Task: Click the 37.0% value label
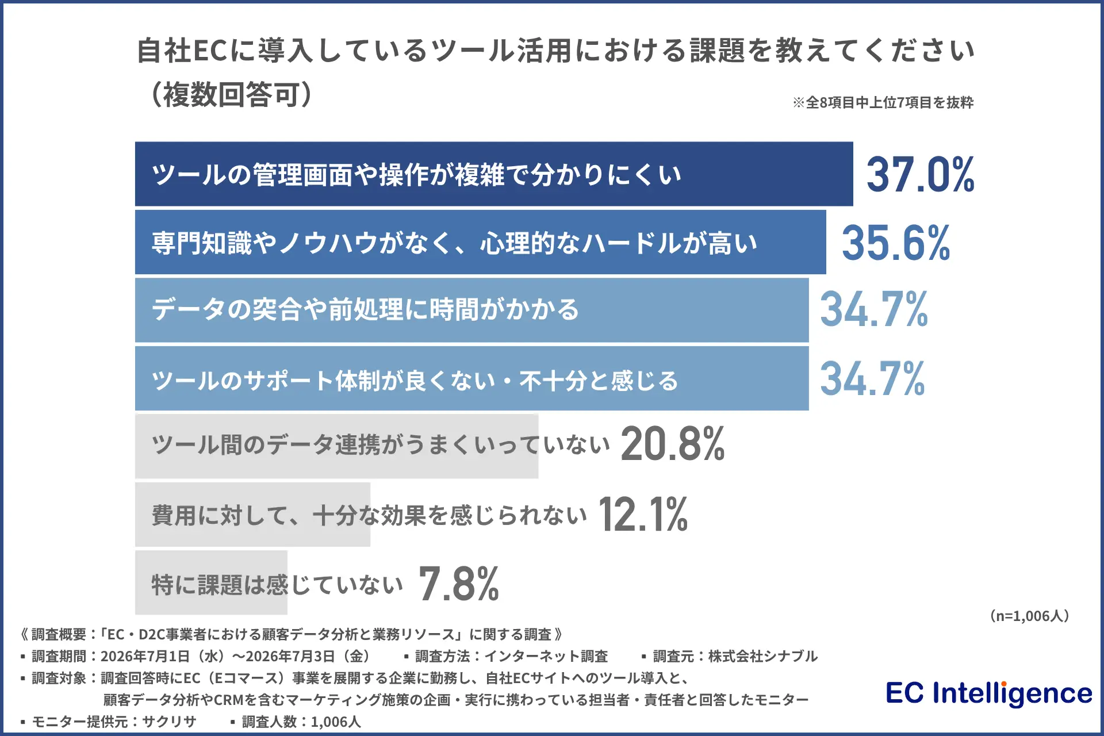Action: pyautogui.click(x=921, y=174)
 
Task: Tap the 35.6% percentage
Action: pyautogui.click(x=896, y=243)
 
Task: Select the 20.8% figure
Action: pyautogui.click(x=673, y=443)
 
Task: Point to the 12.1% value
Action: pyautogui.click(x=643, y=513)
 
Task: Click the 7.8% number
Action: pyautogui.click(x=459, y=584)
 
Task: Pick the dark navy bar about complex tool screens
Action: pyautogui.click(x=494, y=174)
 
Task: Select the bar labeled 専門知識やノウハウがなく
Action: pyautogui.click(x=481, y=242)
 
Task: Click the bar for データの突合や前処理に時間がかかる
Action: pyautogui.click(x=472, y=310)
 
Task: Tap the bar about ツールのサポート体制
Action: pyautogui.click(x=472, y=378)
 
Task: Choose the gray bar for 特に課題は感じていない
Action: pyautogui.click(x=211, y=582)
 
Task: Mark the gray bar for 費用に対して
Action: pyautogui.click(x=252, y=515)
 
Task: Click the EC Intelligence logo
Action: pyautogui.click(x=989, y=693)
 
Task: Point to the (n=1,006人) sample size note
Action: pyautogui.click(x=1029, y=616)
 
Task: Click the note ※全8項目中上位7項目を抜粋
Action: pyautogui.click(x=883, y=102)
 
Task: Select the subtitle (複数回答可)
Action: pyautogui.click(x=232, y=94)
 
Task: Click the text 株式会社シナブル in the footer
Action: pyautogui.click(x=763, y=656)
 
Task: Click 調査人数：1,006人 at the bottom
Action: pyautogui.click(x=301, y=722)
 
